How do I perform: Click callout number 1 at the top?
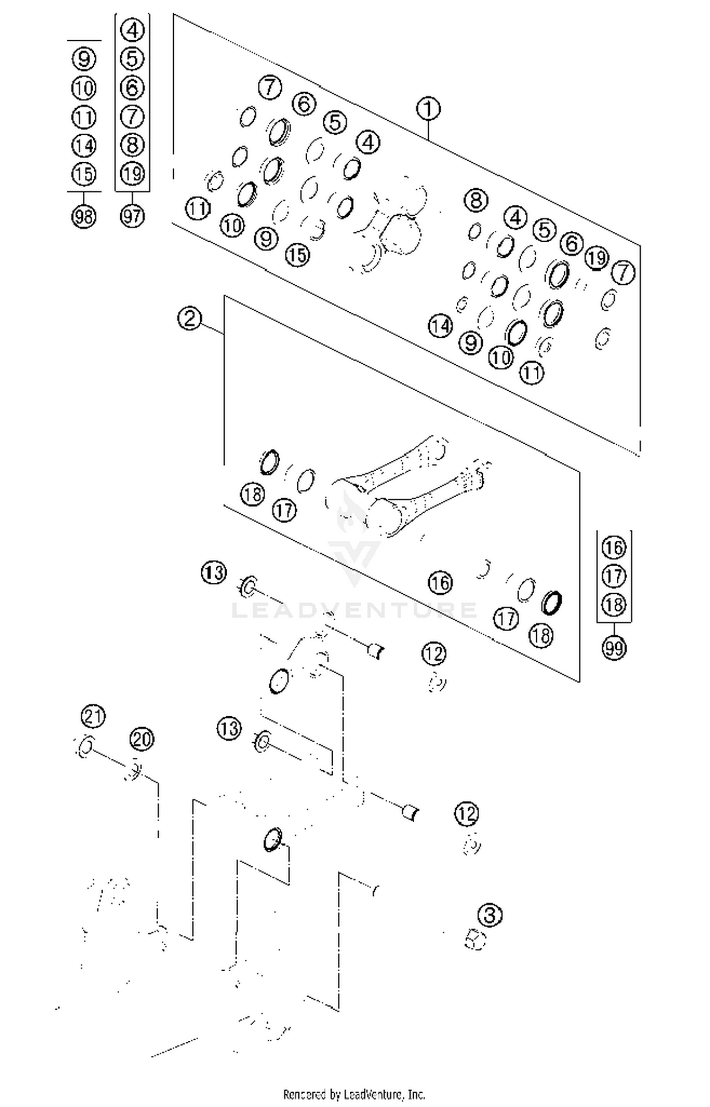click(x=428, y=109)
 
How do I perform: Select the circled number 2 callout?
click(x=189, y=319)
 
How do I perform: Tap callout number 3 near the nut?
click(x=490, y=914)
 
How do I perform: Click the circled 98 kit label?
click(x=84, y=217)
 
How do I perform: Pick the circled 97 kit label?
click(x=132, y=216)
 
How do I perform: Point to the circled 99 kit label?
click(x=614, y=648)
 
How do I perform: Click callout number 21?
click(x=93, y=716)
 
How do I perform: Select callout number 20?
click(x=142, y=739)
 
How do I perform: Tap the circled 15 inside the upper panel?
click(x=297, y=255)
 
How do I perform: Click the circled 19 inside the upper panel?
click(x=596, y=258)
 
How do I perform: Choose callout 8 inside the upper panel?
click(x=476, y=200)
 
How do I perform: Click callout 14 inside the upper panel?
click(x=440, y=326)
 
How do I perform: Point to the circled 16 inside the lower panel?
click(x=440, y=582)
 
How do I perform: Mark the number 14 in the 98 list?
click(x=84, y=145)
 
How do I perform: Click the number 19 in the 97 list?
click(x=132, y=174)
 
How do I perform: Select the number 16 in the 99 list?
click(x=614, y=548)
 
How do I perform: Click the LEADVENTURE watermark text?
click(x=354, y=610)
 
